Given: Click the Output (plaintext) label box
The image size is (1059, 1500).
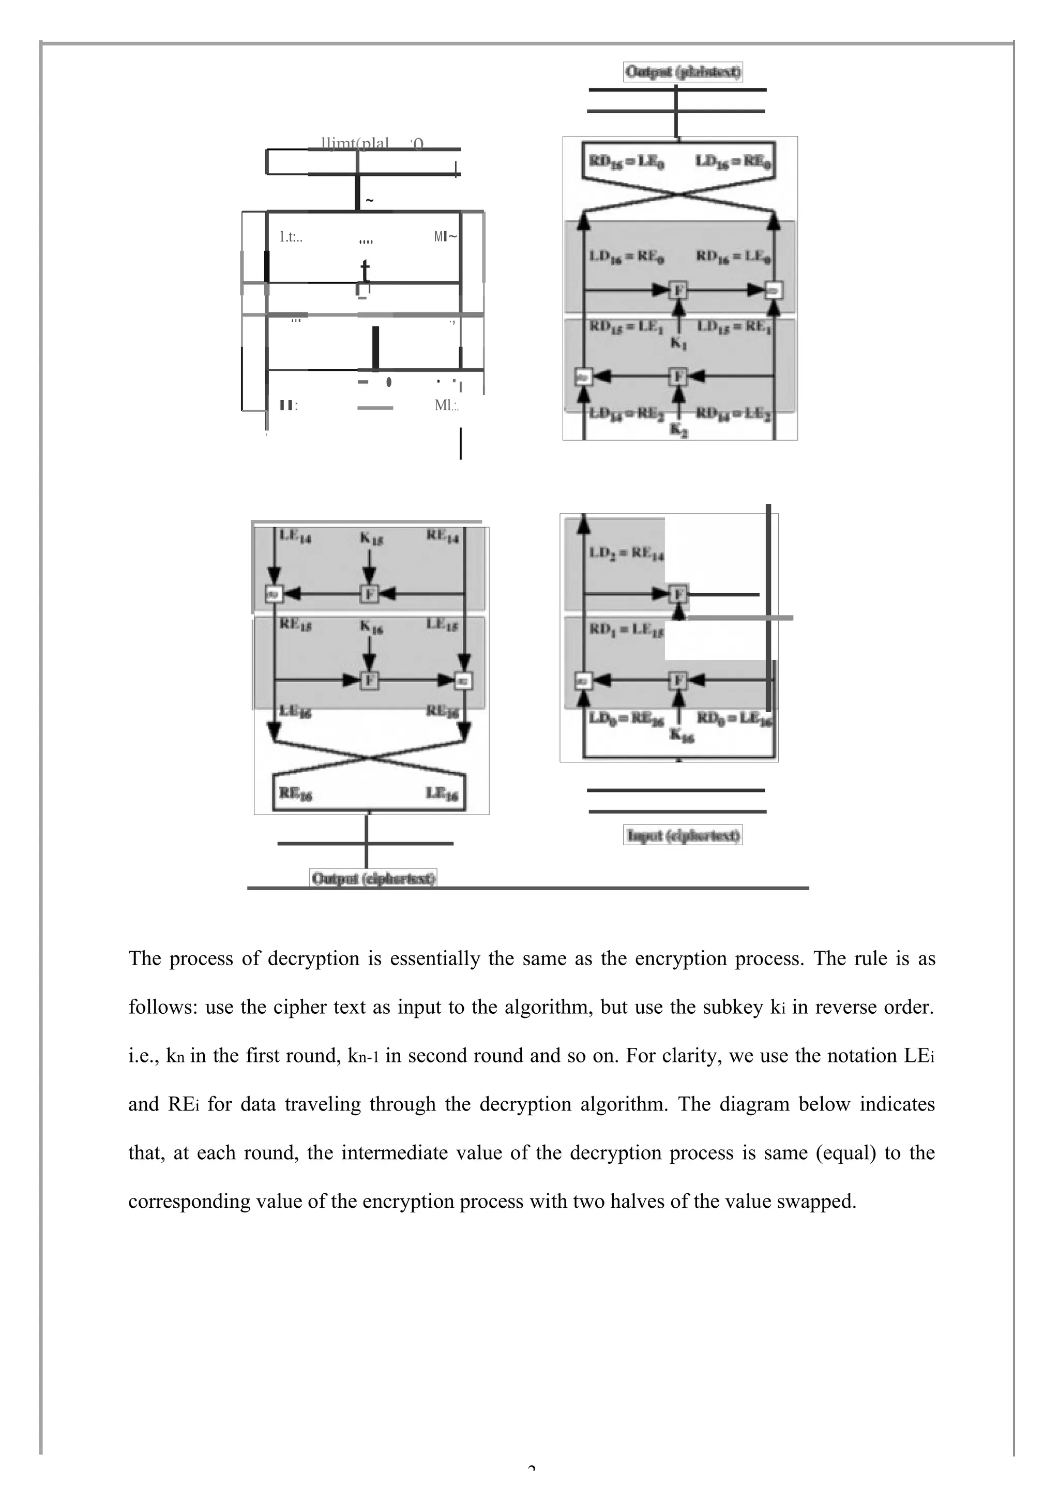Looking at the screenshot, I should click(x=683, y=71).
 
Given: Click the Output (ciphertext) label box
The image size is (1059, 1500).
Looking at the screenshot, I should click(x=373, y=878).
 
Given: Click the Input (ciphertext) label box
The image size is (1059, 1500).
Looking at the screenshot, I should click(x=683, y=835).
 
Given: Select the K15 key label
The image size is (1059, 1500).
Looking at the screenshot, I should click(x=371, y=538).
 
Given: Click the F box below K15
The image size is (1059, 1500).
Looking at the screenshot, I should click(x=369, y=594).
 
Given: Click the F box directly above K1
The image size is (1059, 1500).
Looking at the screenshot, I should click(x=679, y=290).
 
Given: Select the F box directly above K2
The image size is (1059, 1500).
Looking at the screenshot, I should click(x=679, y=377).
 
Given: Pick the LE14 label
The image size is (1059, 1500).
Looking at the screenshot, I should click(x=295, y=536).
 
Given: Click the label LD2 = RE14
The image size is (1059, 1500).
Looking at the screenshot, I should click(x=626, y=554).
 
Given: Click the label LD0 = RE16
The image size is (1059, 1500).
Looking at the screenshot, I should click(x=626, y=718).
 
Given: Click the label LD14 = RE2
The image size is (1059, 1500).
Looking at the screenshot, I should click(x=626, y=414).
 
